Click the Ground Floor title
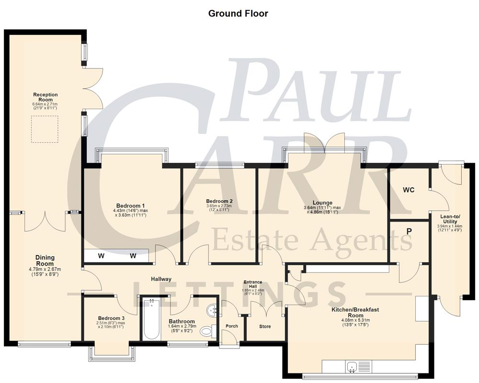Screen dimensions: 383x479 tap(238, 13)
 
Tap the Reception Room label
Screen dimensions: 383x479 tap(46, 98)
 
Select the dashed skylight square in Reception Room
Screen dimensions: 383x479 tap(45, 129)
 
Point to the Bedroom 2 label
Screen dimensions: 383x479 tap(219, 201)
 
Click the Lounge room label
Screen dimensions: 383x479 tap(322, 203)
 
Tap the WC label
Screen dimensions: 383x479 tap(408, 190)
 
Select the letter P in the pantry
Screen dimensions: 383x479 tap(409, 231)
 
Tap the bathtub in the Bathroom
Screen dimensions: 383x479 tap(151, 319)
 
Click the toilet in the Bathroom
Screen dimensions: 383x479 tap(206, 330)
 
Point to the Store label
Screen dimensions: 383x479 tap(265, 327)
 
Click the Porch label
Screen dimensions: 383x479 tap(231, 327)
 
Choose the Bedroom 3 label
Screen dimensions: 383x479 tap(111, 318)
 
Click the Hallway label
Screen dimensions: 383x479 tap(161, 279)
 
